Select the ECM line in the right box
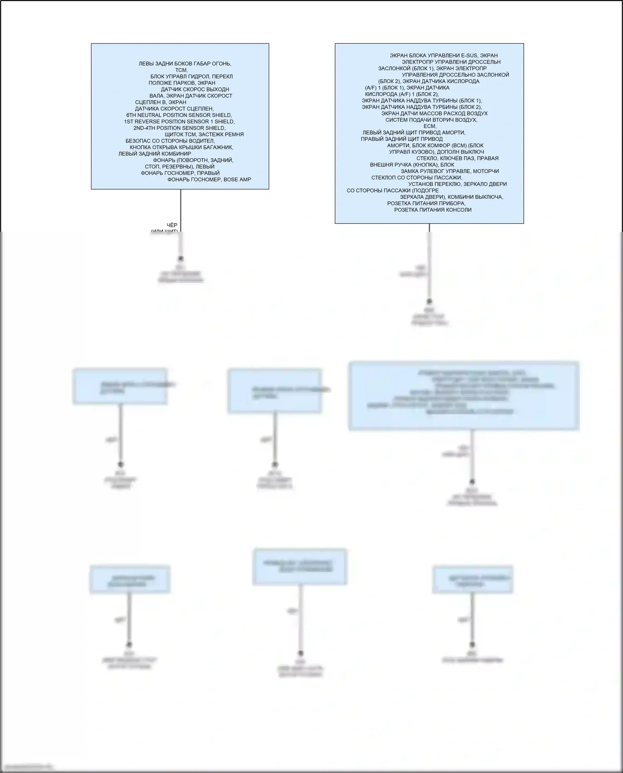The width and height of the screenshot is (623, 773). (430, 126)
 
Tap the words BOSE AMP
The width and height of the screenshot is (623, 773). (237, 180)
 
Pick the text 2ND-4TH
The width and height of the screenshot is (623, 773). (144, 128)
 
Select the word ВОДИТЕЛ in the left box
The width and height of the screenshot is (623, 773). (202, 141)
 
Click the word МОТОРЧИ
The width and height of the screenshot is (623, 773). (486, 172)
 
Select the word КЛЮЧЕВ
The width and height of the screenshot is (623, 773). (451, 159)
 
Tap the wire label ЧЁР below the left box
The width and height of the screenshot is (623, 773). (172, 225)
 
